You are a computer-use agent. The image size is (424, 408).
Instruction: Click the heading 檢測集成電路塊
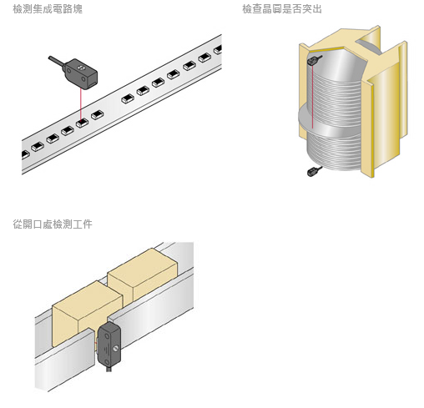(48, 9)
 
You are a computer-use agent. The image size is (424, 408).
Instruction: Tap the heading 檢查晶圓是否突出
(282, 9)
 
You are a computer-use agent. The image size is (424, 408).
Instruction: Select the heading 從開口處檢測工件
(53, 224)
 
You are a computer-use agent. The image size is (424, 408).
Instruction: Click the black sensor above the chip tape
(81, 73)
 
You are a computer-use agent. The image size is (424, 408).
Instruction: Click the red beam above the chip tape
(81, 104)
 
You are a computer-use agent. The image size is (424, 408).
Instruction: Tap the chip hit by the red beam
(82, 123)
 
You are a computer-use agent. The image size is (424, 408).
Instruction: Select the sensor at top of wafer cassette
(313, 60)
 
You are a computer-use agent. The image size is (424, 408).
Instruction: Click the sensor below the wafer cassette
(313, 172)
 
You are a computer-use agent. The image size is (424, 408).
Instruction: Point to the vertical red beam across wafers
(313, 97)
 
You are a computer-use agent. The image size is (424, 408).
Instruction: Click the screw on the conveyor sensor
(116, 348)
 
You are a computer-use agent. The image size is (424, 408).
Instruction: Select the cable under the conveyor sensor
(109, 369)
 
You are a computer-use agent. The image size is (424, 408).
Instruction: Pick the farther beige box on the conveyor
(143, 274)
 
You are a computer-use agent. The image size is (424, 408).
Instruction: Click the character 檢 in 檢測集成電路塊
(18, 9)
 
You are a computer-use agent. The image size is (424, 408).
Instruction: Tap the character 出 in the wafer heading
(317, 9)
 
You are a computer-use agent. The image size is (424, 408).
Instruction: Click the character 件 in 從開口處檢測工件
(88, 224)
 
